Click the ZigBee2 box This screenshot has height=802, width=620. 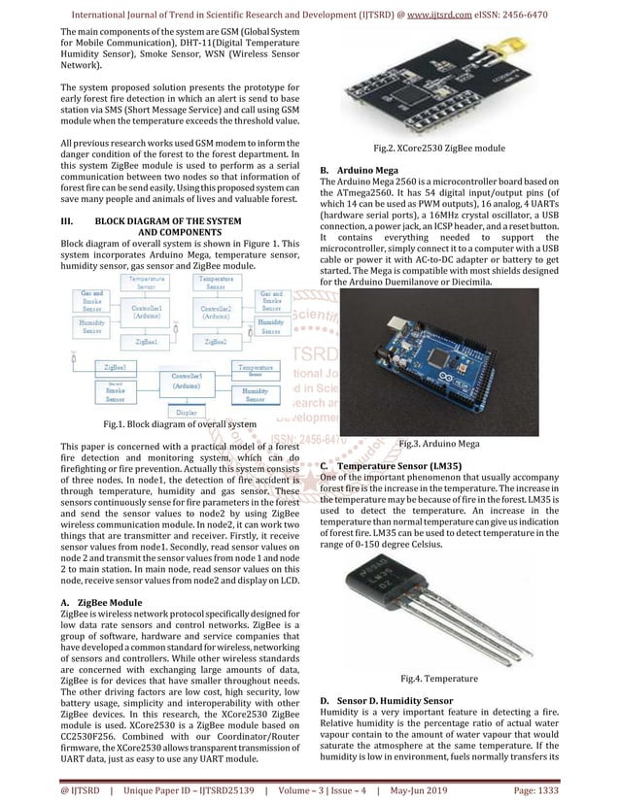tap(216, 342)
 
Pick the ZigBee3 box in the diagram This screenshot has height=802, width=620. tap(116, 367)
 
